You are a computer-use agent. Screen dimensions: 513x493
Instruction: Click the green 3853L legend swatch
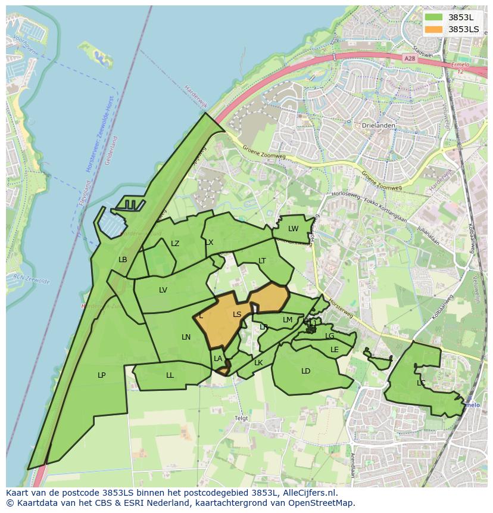[434, 17]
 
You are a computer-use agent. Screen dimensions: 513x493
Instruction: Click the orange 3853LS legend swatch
[434, 29]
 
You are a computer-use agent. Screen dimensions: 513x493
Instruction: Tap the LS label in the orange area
[237, 314]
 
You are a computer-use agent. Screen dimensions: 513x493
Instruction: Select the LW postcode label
[294, 229]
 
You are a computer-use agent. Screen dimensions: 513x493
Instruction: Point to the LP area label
[102, 375]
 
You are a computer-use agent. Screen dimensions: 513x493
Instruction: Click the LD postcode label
[306, 371]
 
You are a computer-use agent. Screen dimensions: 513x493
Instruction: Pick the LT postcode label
[262, 260]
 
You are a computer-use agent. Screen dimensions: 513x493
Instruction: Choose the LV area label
[163, 290]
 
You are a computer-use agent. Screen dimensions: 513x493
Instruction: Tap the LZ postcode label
[175, 243]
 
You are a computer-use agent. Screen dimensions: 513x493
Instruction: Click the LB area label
[123, 259]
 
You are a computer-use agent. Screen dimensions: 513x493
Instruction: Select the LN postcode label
[186, 337]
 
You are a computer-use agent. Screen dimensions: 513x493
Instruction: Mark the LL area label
[170, 375]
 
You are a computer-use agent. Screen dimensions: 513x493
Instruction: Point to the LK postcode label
[258, 362]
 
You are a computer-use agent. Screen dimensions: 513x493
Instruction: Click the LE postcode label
[335, 349]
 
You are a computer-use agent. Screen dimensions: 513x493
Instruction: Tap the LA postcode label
[218, 358]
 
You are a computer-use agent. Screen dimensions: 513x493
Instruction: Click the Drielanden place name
[375, 126]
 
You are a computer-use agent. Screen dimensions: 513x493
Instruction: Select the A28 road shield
[408, 58]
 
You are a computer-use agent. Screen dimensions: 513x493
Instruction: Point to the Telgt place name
[241, 418]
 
